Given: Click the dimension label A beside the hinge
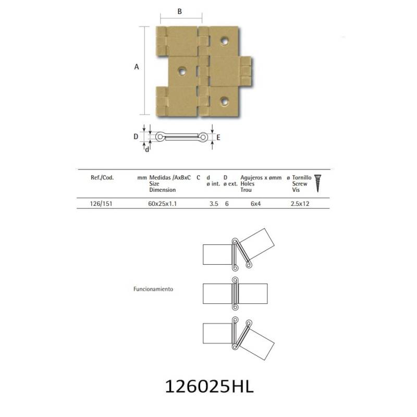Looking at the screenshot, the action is click(137, 67).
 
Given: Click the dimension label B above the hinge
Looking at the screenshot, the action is click(180, 11).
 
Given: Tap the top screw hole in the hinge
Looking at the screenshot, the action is click(224, 41).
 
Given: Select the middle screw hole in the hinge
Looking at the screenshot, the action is click(182, 71).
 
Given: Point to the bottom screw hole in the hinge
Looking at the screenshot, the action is click(224, 101).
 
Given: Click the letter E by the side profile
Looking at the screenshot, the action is click(218, 138).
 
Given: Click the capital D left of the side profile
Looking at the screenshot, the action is click(136, 137).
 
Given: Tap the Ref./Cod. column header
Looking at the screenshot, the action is click(102, 178).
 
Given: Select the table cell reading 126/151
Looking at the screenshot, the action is click(101, 204).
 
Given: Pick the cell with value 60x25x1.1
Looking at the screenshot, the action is click(163, 204).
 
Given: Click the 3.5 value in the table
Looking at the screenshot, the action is click(214, 204).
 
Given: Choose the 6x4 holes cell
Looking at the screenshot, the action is click(255, 204).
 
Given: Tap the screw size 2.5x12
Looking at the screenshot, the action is click(300, 204).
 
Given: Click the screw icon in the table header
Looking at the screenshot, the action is click(317, 183).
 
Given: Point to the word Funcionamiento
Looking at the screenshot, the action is click(153, 289).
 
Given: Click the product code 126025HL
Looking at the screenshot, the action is click(210, 387).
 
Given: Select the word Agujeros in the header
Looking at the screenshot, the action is click(252, 178).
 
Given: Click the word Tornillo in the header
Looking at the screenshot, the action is click(302, 177).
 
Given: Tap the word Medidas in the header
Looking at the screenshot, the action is click(160, 178).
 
